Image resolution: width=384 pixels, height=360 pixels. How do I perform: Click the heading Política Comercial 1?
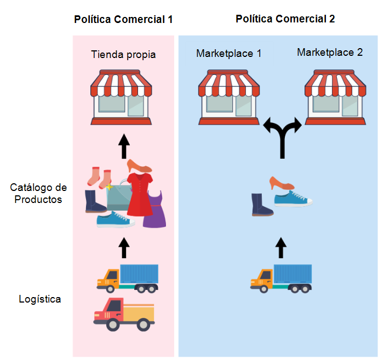pyautogui.click(x=123, y=20)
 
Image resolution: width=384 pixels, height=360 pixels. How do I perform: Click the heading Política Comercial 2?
pyautogui.click(x=285, y=19)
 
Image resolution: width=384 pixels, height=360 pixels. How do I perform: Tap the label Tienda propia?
pyautogui.click(x=123, y=55)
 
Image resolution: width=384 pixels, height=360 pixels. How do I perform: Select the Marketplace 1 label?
pyautogui.click(x=228, y=54)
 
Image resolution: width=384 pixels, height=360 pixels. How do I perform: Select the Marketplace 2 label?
pyautogui.click(x=330, y=53)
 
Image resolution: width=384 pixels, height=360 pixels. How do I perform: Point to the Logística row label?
pyautogui.click(x=39, y=299)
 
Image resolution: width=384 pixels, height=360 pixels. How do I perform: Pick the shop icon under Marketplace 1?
pyautogui.click(x=230, y=96)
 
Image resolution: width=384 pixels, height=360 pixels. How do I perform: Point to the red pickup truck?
pyautogui.click(x=123, y=314)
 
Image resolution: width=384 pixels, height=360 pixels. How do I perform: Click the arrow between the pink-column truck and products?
pyautogui.click(x=124, y=247)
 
